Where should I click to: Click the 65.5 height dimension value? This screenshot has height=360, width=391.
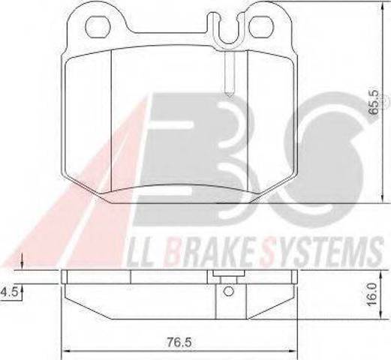[374, 102]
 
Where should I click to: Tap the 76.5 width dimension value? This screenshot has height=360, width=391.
[179, 342]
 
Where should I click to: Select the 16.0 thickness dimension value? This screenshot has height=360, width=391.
[372, 294]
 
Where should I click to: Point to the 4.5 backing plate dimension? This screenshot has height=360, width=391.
[9, 292]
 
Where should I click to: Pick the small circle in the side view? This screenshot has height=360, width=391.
[228, 291]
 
